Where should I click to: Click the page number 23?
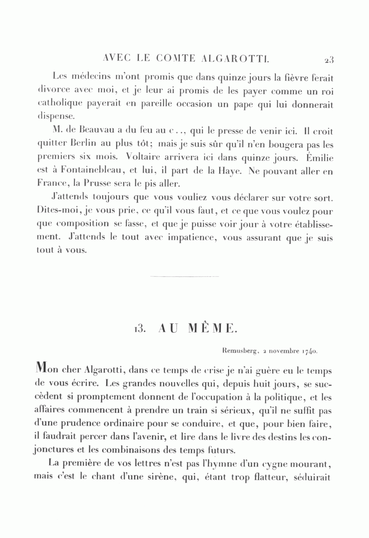(329, 60)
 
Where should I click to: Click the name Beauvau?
(96, 132)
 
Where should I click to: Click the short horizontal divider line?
(184, 277)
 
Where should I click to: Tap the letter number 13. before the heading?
(140, 328)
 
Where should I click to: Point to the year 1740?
(309, 351)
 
